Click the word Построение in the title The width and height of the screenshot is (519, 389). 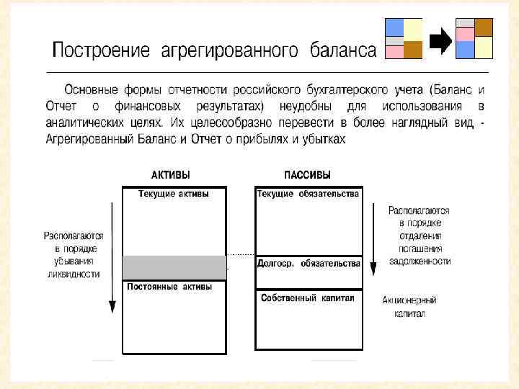pos(100,50)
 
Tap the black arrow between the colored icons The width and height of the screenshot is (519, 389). pos(439,41)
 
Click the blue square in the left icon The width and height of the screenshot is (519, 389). pos(394,27)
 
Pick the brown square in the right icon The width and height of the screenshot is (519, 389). pos(484,27)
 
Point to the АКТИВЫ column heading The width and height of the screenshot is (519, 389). pos(172,175)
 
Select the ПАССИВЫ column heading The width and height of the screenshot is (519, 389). pos(307,175)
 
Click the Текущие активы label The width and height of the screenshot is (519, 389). pos(168,194)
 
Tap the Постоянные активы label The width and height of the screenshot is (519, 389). pos(169,287)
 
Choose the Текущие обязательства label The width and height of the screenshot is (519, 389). pos(308,194)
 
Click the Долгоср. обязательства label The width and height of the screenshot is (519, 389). pos(309,264)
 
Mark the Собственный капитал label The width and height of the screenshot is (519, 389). pos(308,298)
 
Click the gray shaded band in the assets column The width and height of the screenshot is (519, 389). pos(174,267)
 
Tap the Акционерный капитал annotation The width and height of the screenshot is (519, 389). pos(409,307)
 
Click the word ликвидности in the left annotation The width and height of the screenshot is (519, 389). pos(74,274)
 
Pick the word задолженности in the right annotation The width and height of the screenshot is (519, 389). pos(420,261)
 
